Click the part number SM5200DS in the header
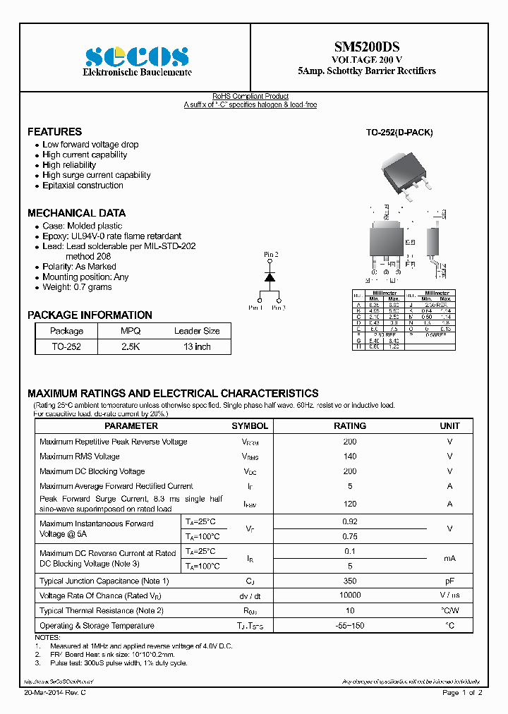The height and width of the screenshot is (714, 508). [367, 47]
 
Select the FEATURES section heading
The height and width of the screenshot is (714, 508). [54, 132]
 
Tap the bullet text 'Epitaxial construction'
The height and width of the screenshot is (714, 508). [83, 186]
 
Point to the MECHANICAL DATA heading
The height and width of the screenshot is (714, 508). [76, 213]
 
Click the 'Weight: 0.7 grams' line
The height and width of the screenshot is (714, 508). [77, 287]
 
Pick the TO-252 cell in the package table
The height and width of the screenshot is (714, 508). [66, 346]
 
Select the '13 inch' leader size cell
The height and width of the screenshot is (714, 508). [197, 346]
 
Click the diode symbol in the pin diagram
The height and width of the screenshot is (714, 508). [270, 277]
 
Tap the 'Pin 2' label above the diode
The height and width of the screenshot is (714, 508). [271, 254]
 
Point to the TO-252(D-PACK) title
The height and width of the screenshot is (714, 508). [399, 133]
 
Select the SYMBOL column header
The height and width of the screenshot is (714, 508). [250, 426]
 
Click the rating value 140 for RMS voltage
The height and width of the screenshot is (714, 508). [350, 456]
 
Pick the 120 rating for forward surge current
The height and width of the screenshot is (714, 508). [350, 504]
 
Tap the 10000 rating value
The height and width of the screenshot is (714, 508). [350, 595]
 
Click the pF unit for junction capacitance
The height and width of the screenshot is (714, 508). [449, 581]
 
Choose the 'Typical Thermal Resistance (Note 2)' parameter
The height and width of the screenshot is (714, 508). [102, 610]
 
